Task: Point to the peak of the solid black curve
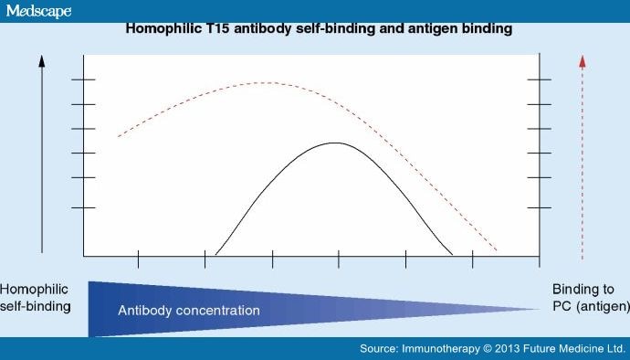(336, 143)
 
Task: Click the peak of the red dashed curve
(265, 83)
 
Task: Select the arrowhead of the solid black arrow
(42, 60)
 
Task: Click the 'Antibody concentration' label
(189, 311)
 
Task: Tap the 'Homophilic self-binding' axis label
(36, 297)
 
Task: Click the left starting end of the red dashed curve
(119, 136)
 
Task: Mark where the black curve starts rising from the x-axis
(216, 254)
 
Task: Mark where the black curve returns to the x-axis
(451, 254)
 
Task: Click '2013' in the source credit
(509, 349)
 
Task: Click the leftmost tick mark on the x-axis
(138, 259)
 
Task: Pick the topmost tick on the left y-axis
(83, 80)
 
